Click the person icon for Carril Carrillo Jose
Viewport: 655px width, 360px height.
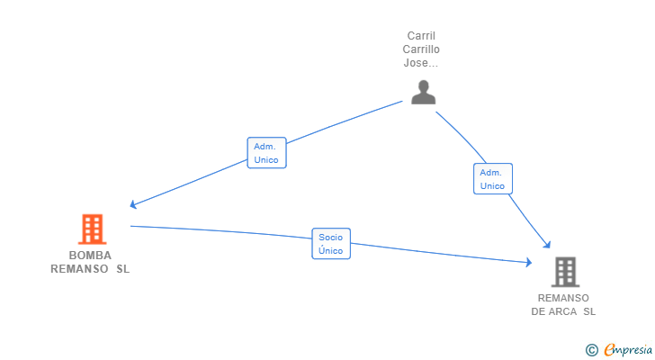pos(423,92)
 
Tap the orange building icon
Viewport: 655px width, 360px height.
pos(93,229)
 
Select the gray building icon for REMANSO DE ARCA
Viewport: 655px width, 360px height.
pos(565,272)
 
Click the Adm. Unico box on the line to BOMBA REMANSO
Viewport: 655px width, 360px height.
pos(266,153)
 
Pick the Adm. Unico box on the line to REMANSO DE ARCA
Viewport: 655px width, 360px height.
pos(493,179)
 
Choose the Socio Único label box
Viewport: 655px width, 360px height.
pos(331,244)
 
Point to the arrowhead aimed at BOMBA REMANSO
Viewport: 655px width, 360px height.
pos(133,204)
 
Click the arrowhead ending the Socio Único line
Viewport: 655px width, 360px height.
pos(529,262)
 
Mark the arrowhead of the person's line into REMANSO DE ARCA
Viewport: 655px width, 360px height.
pos(547,245)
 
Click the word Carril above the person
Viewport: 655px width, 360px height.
pos(421,36)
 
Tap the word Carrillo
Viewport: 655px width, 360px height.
pos(421,49)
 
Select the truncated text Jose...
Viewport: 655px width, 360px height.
pos(421,63)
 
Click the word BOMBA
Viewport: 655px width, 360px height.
pos(90,256)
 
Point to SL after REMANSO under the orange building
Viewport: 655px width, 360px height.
pos(122,269)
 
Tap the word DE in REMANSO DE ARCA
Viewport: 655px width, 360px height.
pos(538,311)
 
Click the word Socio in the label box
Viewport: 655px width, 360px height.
pos(330,238)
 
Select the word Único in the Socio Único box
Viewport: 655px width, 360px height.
pos(330,250)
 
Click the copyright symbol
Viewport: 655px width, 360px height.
pos(591,350)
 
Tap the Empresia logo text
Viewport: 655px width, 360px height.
pos(628,350)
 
